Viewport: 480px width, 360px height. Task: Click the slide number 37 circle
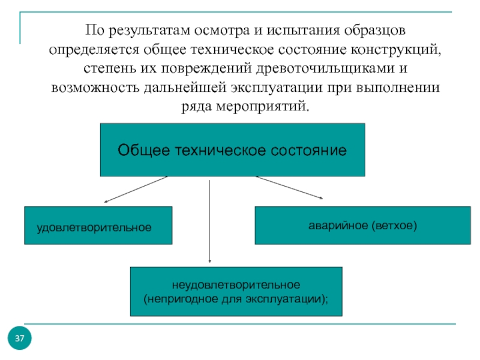click(20, 338)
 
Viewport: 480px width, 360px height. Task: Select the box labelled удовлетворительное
click(98, 226)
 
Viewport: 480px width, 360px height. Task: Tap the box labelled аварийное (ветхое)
click(363, 226)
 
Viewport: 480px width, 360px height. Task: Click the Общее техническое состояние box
click(233, 149)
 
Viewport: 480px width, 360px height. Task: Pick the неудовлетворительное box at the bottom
click(236, 292)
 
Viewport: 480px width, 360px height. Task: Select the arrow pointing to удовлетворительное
click(136, 189)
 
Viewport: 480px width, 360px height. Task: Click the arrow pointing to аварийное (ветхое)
click(289, 187)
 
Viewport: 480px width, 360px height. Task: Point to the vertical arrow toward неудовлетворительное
click(209, 221)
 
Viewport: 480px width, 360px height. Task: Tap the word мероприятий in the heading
click(263, 107)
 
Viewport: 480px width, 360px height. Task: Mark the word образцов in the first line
click(374, 31)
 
